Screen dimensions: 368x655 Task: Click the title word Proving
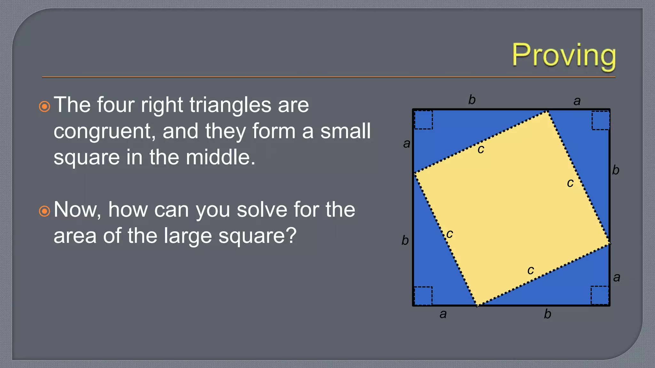564,56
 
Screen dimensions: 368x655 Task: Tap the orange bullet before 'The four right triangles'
44,106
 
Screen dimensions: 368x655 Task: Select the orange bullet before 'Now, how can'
44,211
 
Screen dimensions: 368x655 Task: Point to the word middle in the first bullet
220,157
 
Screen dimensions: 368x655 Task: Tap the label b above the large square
472,100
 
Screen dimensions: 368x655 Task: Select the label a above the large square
577,101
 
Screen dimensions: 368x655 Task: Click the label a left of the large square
406,143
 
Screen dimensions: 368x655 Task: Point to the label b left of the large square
405,240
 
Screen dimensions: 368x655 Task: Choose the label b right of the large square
616,170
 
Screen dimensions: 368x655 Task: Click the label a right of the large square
617,277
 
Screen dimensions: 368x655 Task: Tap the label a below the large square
443,314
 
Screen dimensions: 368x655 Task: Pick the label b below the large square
548,314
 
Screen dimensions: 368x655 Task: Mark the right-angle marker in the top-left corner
423,120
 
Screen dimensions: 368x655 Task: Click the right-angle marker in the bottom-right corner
600,295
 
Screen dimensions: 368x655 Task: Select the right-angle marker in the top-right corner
600,120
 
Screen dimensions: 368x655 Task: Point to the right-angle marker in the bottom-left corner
423,296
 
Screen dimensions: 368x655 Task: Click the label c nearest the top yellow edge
481,149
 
